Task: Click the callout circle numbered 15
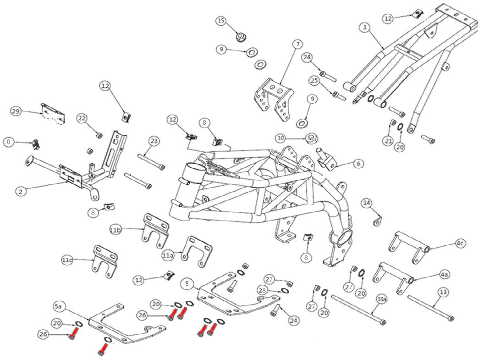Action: [222, 21]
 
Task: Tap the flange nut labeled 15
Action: [240, 36]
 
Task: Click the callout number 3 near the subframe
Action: [364, 28]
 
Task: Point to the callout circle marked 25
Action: [313, 81]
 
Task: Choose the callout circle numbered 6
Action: [358, 163]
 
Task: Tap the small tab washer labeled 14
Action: [378, 222]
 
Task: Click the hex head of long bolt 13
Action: [453, 318]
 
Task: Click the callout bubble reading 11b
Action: [115, 229]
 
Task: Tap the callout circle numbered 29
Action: [16, 111]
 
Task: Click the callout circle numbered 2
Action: [20, 192]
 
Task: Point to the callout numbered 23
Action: [154, 141]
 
